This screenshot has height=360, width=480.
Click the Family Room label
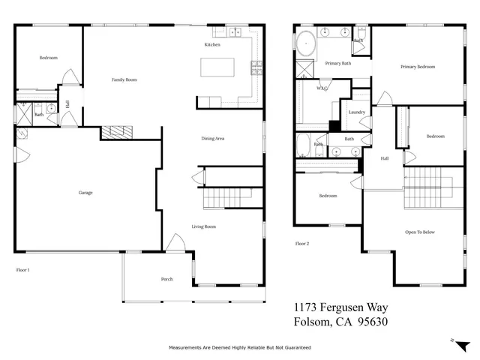tap(124, 79)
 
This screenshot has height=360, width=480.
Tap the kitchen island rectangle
tap(223, 67)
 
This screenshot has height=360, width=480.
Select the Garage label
tap(85, 193)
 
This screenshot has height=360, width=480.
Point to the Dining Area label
tap(213, 138)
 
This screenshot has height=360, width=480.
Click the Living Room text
tap(204, 226)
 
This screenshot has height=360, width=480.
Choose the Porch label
tap(166, 279)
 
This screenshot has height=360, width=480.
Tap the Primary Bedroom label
tap(417, 67)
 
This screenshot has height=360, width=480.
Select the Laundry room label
tap(356, 112)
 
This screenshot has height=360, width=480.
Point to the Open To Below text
tap(420, 232)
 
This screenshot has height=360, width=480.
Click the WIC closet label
tap(322, 88)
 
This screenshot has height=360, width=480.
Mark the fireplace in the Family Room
tap(117, 133)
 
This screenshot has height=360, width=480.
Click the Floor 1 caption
tap(22, 269)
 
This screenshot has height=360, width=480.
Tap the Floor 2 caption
tap(302, 244)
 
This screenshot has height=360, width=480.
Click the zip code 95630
tap(367, 322)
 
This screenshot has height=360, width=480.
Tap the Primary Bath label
tap(337, 64)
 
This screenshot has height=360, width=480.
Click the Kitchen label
tap(212, 45)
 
